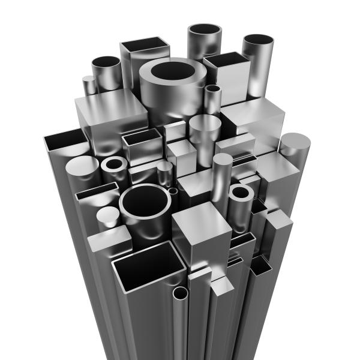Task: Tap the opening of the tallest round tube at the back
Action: pyautogui.click(x=205, y=30)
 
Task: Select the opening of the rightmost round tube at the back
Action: pyautogui.click(x=259, y=40)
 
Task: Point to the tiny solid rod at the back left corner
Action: pyautogui.click(x=89, y=79)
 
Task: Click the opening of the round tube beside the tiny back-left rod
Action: pyautogui.click(x=106, y=62)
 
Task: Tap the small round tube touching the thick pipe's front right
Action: pyautogui.click(x=212, y=90)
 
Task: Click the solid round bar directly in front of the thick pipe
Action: pyautogui.click(x=205, y=124)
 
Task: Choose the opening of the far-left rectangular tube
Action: pyautogui.click(x=66, y=143)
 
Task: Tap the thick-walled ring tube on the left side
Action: pyautogui.click(x=113, y=164)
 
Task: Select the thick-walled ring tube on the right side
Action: pyautogui.click(x=241, y=193)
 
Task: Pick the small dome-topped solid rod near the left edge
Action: pyautogui.click(x=108, y=214)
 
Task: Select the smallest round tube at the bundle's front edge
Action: pyautogui.click(x=181, y=293)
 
